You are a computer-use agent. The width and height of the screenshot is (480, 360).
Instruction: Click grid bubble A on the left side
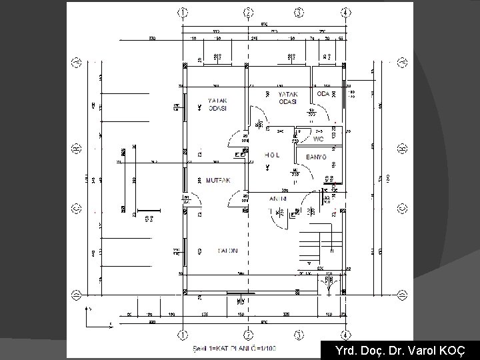[x=77, y=63]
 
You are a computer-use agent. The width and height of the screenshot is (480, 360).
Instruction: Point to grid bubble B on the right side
[x=403, y=147]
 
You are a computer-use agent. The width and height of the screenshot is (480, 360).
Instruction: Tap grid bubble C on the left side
[x=77, y=207]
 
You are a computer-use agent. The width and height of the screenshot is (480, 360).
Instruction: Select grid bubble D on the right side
[x=403, y=294]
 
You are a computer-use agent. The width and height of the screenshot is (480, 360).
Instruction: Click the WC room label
[x=318, y=139]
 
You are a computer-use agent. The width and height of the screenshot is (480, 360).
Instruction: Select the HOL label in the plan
[x=272, y=155]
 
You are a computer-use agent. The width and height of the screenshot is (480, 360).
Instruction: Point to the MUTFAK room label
[x=218, y=180]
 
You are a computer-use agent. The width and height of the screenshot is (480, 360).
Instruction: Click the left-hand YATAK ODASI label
[x=218, y=104]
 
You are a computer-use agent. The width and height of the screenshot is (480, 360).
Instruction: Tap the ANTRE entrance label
[x=278, y=199]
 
